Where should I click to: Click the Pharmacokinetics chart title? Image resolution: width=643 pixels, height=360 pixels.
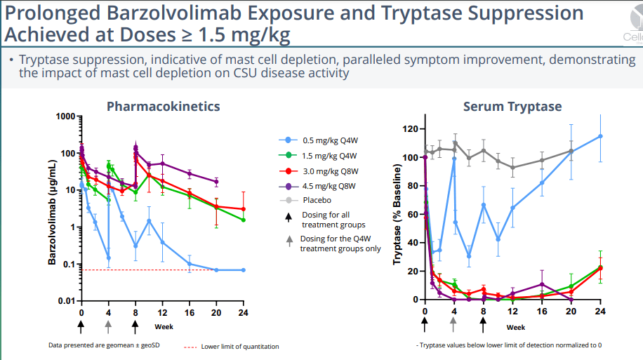pos(163,107)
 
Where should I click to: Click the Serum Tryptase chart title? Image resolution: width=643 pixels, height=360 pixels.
pos(512,107)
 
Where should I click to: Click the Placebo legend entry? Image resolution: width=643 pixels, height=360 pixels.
pos(317,201)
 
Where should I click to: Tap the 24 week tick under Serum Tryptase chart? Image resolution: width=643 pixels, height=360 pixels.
pos(600,311)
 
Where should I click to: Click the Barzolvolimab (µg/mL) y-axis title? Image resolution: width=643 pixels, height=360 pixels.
pos(52,212)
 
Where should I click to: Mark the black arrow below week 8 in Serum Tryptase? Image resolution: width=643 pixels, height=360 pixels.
pos(483,324)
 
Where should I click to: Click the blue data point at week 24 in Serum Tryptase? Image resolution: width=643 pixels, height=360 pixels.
pos(600,136)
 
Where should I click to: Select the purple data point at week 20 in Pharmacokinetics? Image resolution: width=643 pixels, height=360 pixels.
pos(216,182)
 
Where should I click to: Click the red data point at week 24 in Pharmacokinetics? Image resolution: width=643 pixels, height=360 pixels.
pos(243,209)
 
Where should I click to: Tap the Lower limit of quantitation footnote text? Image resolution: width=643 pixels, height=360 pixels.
pos(240,346)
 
